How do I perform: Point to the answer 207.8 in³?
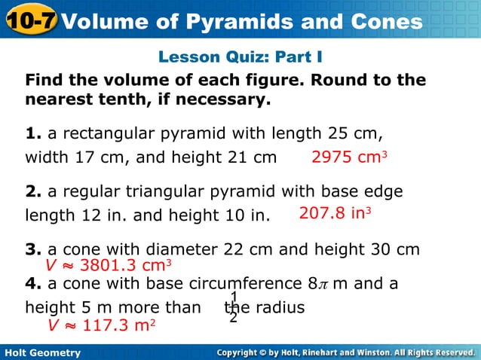tap(335, 214)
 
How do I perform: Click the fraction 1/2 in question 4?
tap(234, 307)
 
